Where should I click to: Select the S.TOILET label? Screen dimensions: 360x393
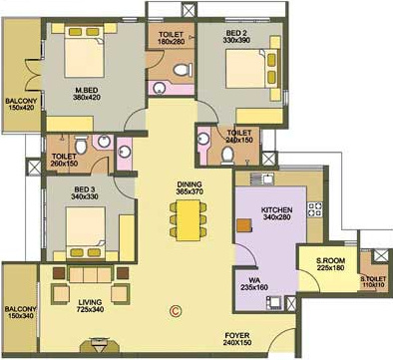(373, 278)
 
